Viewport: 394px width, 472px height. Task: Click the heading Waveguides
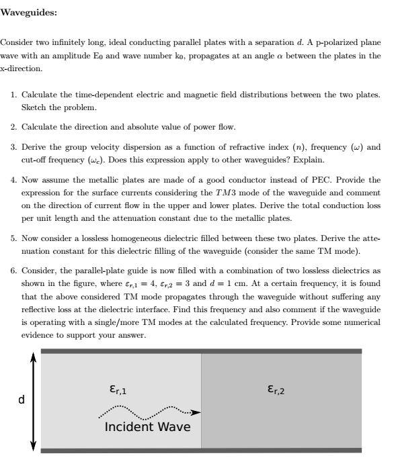coord(29,12)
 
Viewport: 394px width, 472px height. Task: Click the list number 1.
coord(13,95)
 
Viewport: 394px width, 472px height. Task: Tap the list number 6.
coord(13,271)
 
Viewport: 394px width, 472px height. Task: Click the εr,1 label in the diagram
coord(117,389)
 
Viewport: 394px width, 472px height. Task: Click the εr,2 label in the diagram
coord(276,389)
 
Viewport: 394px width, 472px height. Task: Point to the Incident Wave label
coord(147,427)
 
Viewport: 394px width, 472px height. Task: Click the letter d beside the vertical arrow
coord(21,400)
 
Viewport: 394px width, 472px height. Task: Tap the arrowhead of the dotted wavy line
coord(196,412)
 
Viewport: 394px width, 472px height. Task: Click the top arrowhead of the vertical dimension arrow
coord(32,357)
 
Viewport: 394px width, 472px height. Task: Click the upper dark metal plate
coord(201,351)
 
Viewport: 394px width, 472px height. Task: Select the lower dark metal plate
coord(201,451)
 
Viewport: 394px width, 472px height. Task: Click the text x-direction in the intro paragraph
coord(22,68)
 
